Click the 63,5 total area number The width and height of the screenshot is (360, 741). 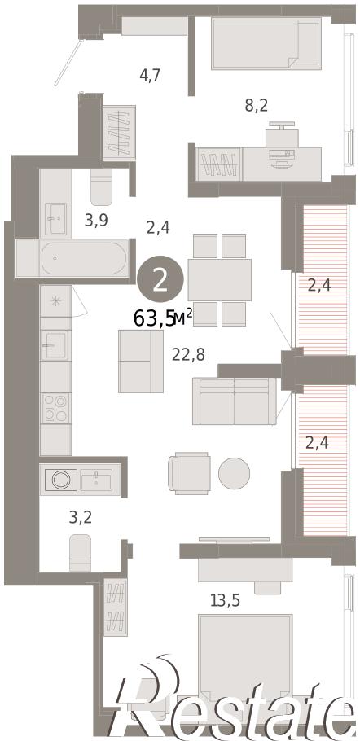[154, 318]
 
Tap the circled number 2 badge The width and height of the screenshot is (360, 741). [160, 282]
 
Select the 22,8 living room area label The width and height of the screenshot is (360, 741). [188, 354]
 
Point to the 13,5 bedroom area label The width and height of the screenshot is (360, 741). [225, 601]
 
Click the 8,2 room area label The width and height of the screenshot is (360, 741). [257, 105]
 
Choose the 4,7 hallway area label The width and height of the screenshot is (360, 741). [150, 75]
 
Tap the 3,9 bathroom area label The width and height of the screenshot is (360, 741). [96, 220]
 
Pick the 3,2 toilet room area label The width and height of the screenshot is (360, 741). [81, 517]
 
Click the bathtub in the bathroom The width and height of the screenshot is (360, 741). [84, 258]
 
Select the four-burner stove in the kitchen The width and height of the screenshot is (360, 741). [55, 408]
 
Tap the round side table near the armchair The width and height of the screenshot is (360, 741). [234, 473]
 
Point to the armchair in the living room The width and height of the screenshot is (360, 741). [190, 473]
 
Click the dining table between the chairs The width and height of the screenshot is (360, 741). [220, 280]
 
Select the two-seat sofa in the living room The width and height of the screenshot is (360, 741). [235, 401]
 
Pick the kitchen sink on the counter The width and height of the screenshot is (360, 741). [55, 345]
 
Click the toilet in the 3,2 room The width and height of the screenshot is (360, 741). [81, 552]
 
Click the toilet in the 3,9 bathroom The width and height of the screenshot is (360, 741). [102, 186]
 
